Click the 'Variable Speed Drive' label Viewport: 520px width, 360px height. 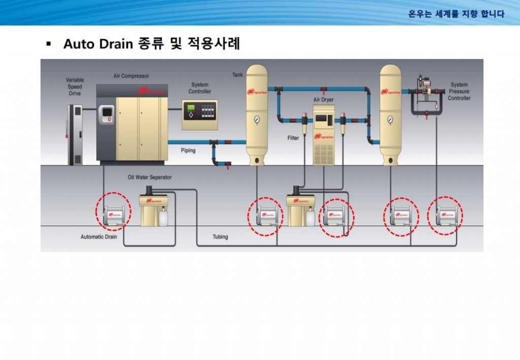75,87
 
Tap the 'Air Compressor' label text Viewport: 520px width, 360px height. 132,76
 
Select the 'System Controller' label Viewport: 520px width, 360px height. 200,88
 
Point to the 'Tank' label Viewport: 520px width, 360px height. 238,75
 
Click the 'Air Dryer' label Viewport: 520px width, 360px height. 323,100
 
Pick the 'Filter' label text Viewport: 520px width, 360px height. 293,138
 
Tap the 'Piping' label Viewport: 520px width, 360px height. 188,151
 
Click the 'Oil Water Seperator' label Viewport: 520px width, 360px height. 149,178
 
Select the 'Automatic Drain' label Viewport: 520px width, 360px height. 99,237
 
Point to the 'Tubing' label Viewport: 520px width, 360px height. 220,237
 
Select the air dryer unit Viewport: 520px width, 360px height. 323,135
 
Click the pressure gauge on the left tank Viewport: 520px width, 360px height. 256,120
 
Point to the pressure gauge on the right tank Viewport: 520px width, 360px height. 390,120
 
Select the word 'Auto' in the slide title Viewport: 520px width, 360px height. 79,44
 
